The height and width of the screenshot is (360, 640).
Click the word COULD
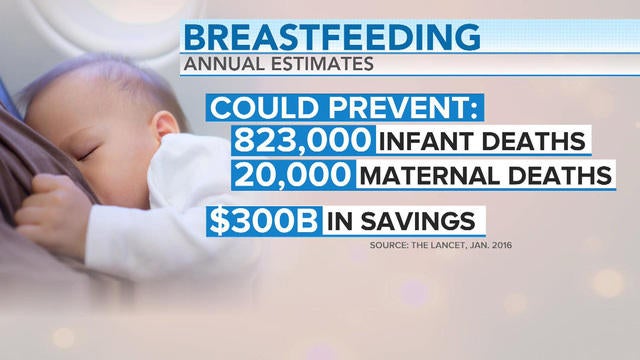(259, 106)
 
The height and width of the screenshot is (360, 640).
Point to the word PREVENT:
(390, 106)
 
